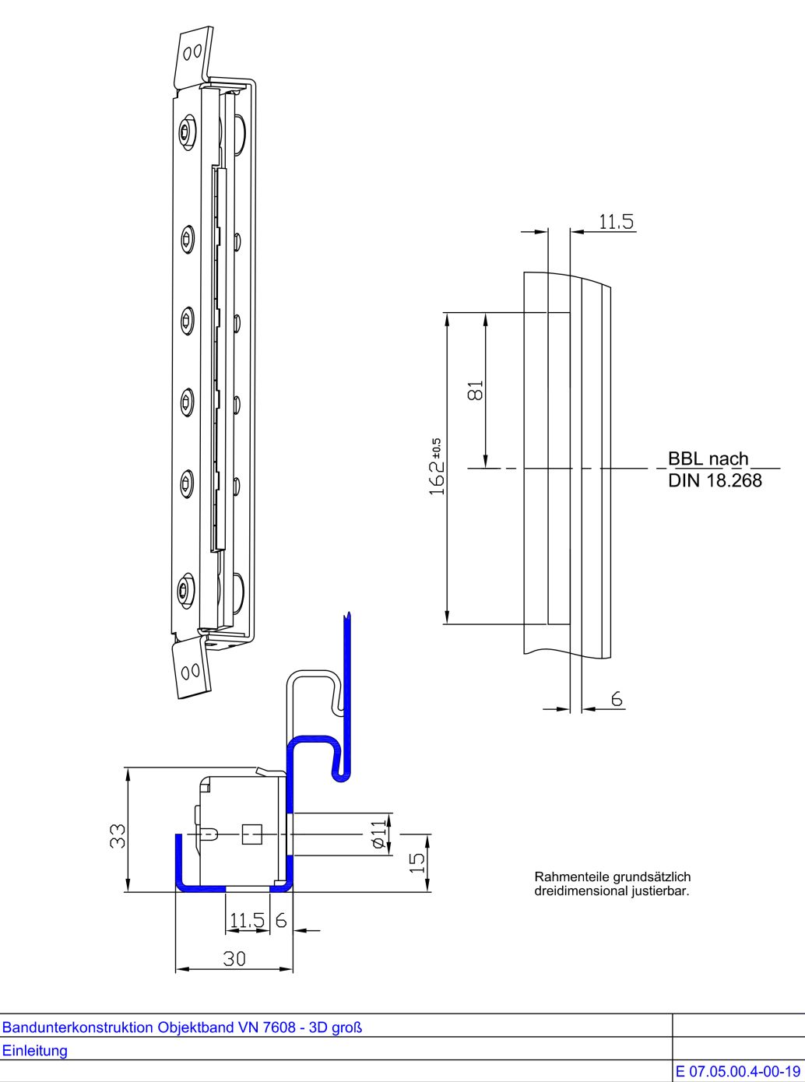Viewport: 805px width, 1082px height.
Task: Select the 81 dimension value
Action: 476,389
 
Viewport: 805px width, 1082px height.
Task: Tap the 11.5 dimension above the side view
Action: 616,222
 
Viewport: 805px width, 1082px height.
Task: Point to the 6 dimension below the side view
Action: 617,700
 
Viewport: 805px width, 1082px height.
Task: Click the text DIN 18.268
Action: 715,480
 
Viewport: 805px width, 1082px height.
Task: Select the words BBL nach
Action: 708,458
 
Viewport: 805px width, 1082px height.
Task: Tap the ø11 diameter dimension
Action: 378,834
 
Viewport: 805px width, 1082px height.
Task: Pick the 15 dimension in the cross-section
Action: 417,862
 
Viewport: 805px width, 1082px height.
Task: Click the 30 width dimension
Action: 234,958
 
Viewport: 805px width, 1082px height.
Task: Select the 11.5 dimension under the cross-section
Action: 247,921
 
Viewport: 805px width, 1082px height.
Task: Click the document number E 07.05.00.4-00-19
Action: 738,1072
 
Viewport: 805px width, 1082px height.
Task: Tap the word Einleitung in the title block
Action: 34,1050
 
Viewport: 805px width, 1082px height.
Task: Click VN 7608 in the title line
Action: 269,1027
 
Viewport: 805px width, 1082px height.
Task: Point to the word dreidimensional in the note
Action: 572,891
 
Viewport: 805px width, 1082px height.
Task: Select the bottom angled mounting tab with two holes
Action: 192,669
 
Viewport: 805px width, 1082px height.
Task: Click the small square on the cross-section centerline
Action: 251,834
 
